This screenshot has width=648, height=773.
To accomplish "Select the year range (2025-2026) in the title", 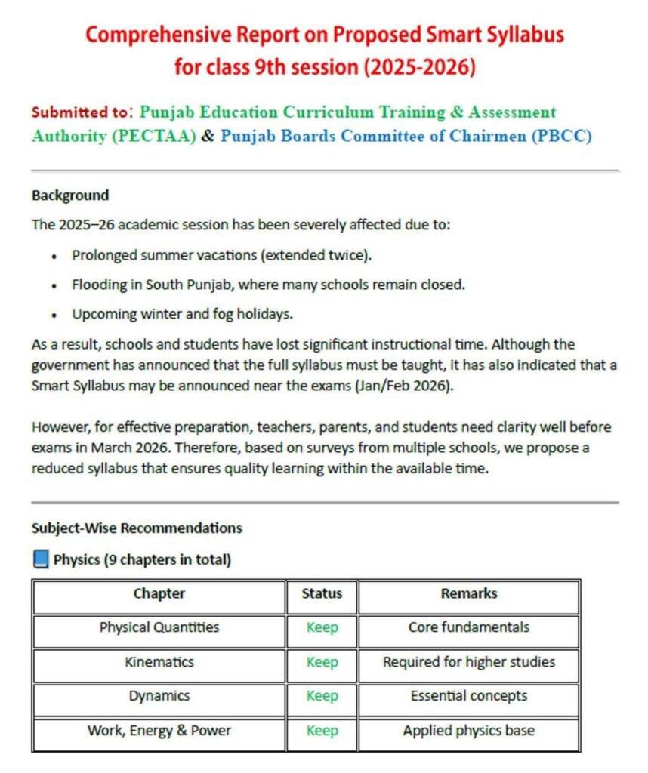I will coord(421,68).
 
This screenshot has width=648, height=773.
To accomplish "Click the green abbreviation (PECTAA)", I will coord(148,137).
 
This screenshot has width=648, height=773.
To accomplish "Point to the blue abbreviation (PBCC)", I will coord(562,137).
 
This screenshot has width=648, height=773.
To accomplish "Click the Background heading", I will coord(70,196).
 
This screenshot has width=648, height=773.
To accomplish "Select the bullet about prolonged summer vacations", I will coord(222,255).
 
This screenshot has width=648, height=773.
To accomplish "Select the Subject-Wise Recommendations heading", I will coord(137,528).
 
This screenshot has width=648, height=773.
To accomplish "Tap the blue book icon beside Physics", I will coord(41,559).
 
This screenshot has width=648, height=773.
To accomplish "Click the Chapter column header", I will coord(159,593).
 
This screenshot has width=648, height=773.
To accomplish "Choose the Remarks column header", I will coord(468,593).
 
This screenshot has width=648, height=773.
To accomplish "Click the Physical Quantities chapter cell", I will coord(159,627).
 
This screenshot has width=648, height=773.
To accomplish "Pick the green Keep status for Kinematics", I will coord(322,662).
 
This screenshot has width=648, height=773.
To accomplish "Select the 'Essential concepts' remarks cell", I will coord(468,696).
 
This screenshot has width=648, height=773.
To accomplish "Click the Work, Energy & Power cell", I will coord(159,731).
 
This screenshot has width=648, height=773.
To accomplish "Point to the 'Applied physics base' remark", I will coord(468,731).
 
